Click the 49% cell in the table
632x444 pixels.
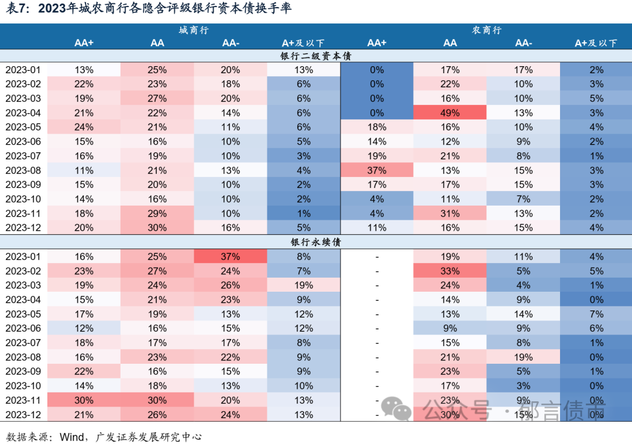[450, 112]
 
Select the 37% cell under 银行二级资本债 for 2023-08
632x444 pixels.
[377, 170]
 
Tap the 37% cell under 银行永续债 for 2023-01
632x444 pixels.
[231, 257]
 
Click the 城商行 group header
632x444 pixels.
[194, 30]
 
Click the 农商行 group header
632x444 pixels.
[486, 30]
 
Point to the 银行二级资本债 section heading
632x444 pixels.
[315, 56]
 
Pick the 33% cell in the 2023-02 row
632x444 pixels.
[450, 271]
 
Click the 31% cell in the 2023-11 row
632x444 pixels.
[450, 214]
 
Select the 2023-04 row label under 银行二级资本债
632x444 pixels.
[24, 112]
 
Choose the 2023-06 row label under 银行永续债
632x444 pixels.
[24, 329]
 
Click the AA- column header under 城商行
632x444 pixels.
[231, 43]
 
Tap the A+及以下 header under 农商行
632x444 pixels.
[596, 43]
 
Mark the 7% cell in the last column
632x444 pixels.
[596, 314]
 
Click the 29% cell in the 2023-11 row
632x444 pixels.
[157, 214]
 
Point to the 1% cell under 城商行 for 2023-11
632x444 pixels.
[304, 214]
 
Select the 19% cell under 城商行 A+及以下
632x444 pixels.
[304, 285]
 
